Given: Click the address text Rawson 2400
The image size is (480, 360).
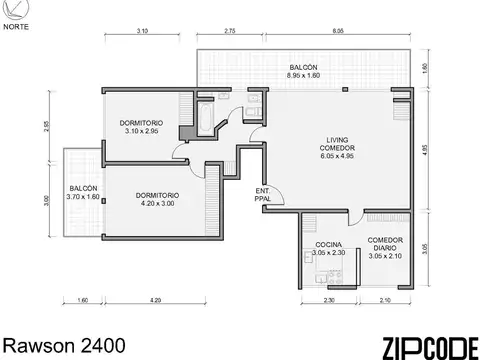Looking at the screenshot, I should pyautogui.click(x=63, y=345).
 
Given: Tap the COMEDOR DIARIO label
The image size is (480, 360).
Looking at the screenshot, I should pyautogui.click(x=385, y=248).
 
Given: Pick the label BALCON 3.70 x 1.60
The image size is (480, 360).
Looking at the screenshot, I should pyautogui.click(x=83, y=192).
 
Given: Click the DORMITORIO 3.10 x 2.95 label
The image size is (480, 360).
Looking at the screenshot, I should pyautogui.click(x=142, y=127).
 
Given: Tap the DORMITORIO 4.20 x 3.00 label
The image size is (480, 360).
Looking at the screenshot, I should pyautogui.click(x=157, y=199).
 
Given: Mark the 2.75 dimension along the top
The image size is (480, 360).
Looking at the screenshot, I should pyautogui.click(x=230, y=33).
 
